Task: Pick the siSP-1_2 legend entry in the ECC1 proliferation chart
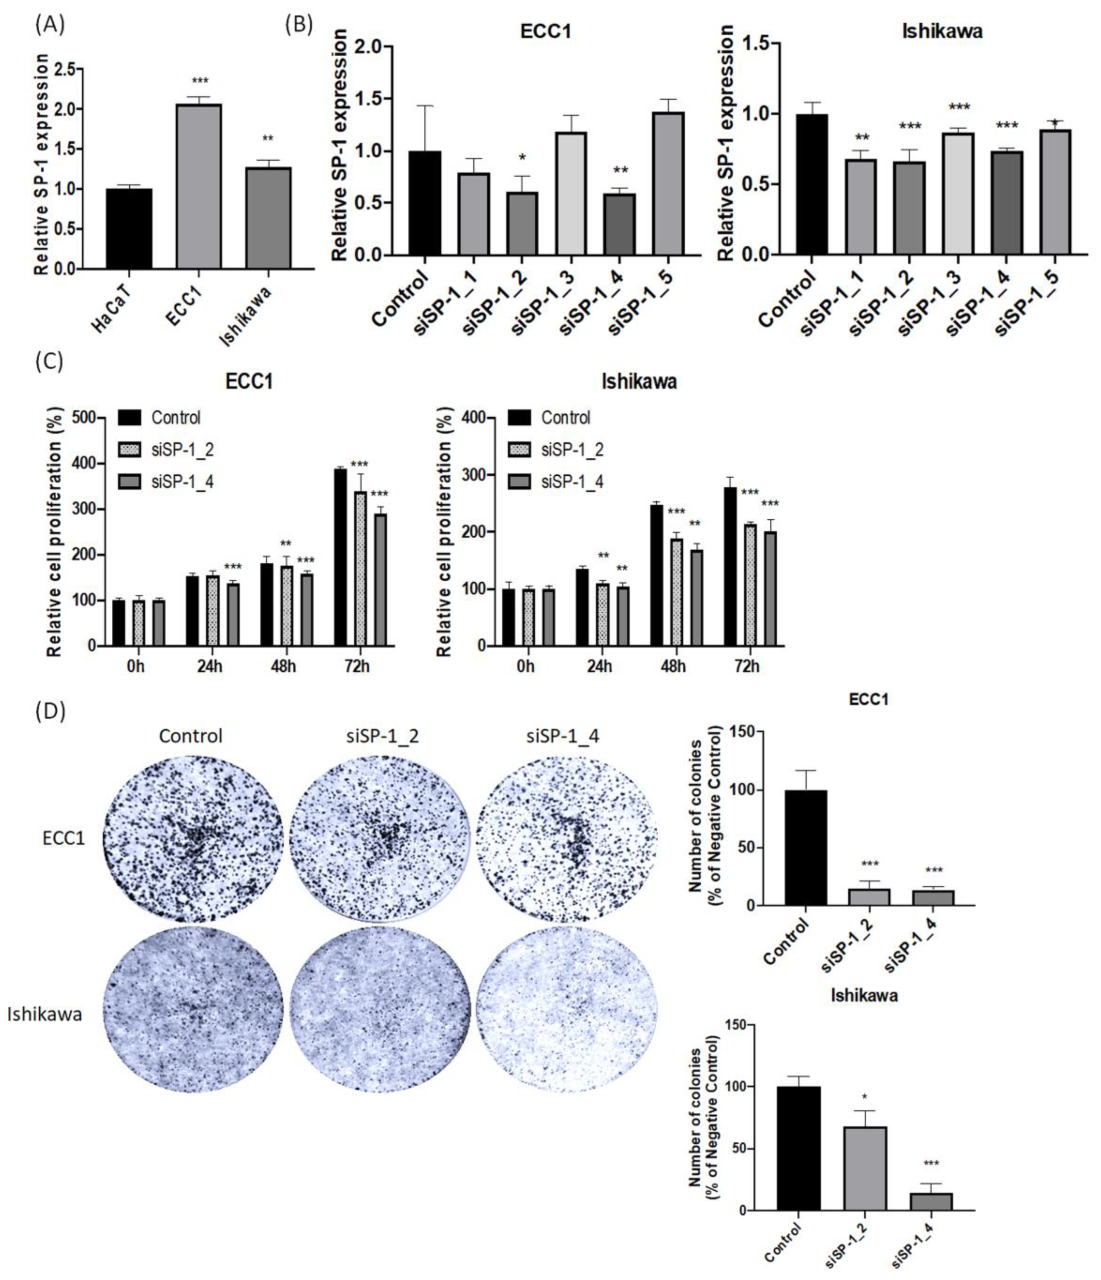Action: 182,450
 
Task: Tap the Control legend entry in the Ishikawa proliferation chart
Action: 565,418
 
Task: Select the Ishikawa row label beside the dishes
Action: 44,1014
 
